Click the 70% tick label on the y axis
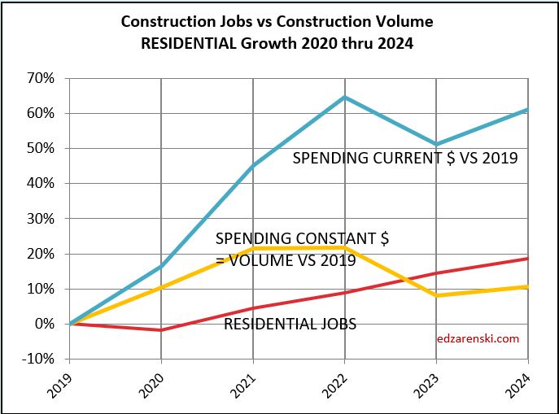(41, 79)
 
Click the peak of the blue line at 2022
(345, 98)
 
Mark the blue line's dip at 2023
(437, 145)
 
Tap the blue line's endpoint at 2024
(528, 109)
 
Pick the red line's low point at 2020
(161, 330)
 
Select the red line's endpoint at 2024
(528, 258)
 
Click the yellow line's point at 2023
(437, 295)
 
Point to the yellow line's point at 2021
(253, 248)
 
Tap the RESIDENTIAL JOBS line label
(290, 325)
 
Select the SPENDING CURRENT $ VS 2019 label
(405, 159)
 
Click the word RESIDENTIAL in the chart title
(186, 44)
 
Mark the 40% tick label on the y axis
(41, 184)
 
